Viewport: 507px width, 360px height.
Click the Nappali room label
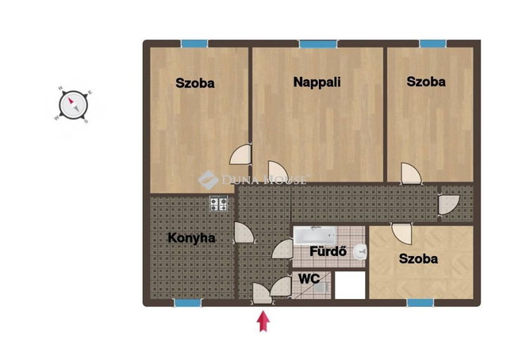coord(317,82)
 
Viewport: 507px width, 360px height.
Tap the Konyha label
coord(191,238)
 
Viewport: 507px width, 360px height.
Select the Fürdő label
coord(328,251)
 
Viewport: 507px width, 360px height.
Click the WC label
coord(309,278)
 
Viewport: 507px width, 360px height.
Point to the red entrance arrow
coord(263,321)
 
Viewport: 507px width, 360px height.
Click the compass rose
coord(74,105)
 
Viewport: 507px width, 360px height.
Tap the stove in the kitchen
coord(219,204)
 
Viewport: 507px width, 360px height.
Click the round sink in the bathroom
coord(360,251)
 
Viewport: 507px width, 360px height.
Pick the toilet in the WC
coord(321,287)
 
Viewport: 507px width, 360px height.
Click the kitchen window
coord(188,303)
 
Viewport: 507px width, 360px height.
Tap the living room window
coord(318,44)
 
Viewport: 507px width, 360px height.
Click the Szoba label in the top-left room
coord(195,83)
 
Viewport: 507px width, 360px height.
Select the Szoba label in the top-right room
coord(426,82)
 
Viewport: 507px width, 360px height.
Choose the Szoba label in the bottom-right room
coord(418,259)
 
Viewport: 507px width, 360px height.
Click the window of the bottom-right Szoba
coord(420,303)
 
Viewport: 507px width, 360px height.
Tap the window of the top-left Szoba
coord(194,44)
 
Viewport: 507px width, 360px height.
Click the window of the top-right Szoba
coord(433,44)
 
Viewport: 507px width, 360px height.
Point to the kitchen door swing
coord(244,232)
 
